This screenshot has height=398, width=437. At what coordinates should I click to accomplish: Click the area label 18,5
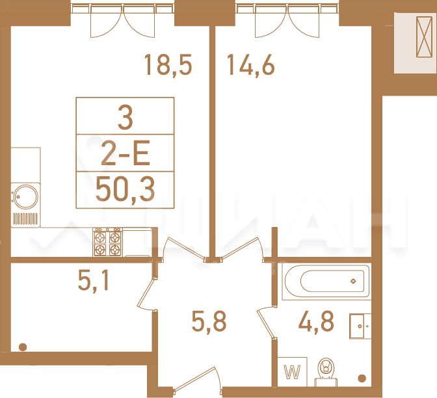click(x=168, y=66)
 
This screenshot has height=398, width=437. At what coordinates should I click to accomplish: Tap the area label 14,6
click(x=251, y=66)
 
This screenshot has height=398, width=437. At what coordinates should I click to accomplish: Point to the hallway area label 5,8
click(x=209, y=321)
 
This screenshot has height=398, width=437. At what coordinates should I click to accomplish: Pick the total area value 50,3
click(x=125, y=190)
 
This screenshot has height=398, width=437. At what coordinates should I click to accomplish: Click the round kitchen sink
click(x=25, y=197)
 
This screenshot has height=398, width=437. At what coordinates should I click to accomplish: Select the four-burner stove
click(x=107, y=242)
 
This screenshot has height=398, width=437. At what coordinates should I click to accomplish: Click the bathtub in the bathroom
click(x=326, y=282)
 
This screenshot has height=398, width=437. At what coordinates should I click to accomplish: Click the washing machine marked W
click(x=292, y=372)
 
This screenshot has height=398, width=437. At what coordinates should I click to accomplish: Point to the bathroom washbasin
click(x=360, y=326)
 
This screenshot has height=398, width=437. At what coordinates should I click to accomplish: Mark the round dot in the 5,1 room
click(x=23, y=347)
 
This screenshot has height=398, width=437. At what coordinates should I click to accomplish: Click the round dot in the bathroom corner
click(x=362, y=378)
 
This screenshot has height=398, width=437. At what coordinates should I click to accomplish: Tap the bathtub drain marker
click(x=353, y=281)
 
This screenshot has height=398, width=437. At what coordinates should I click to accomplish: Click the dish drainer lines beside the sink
click(x=25, y=219)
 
